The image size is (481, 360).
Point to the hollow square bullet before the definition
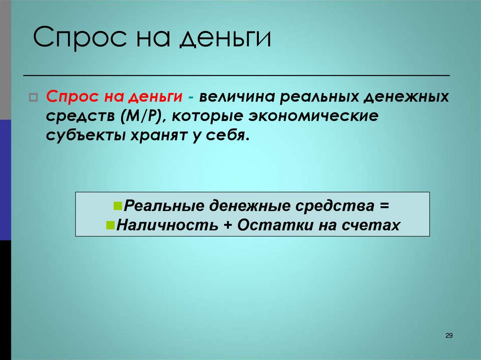[x=33, y=98]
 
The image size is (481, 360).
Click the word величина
[x=237, y=97]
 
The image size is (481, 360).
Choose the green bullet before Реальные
[x=117, y=206]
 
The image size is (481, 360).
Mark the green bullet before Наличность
[x=110, y=224]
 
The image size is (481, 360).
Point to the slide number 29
[x=448, y=335]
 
